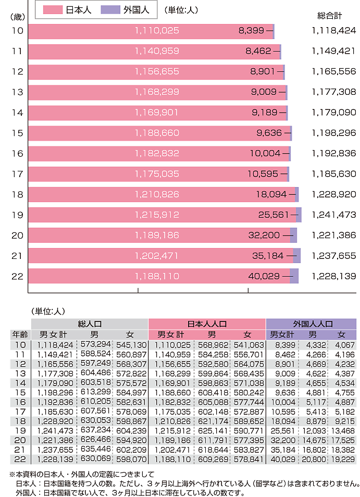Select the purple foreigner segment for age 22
pyautogui.click(x=294, y=276)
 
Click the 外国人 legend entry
pyautogui.click(x=126, y=10)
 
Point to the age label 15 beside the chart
pyautogui.click(x=17, y=133)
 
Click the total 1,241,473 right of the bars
pyautogui.click(x=334, y=215)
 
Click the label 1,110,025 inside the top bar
pyautogui.click(x=157, y=31)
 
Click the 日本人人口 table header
pyautogui.click(x=207, y=324)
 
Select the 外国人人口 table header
pyautogui.click(x=311, y=324)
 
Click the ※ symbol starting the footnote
pyautogui.click(x=13, y=475)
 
